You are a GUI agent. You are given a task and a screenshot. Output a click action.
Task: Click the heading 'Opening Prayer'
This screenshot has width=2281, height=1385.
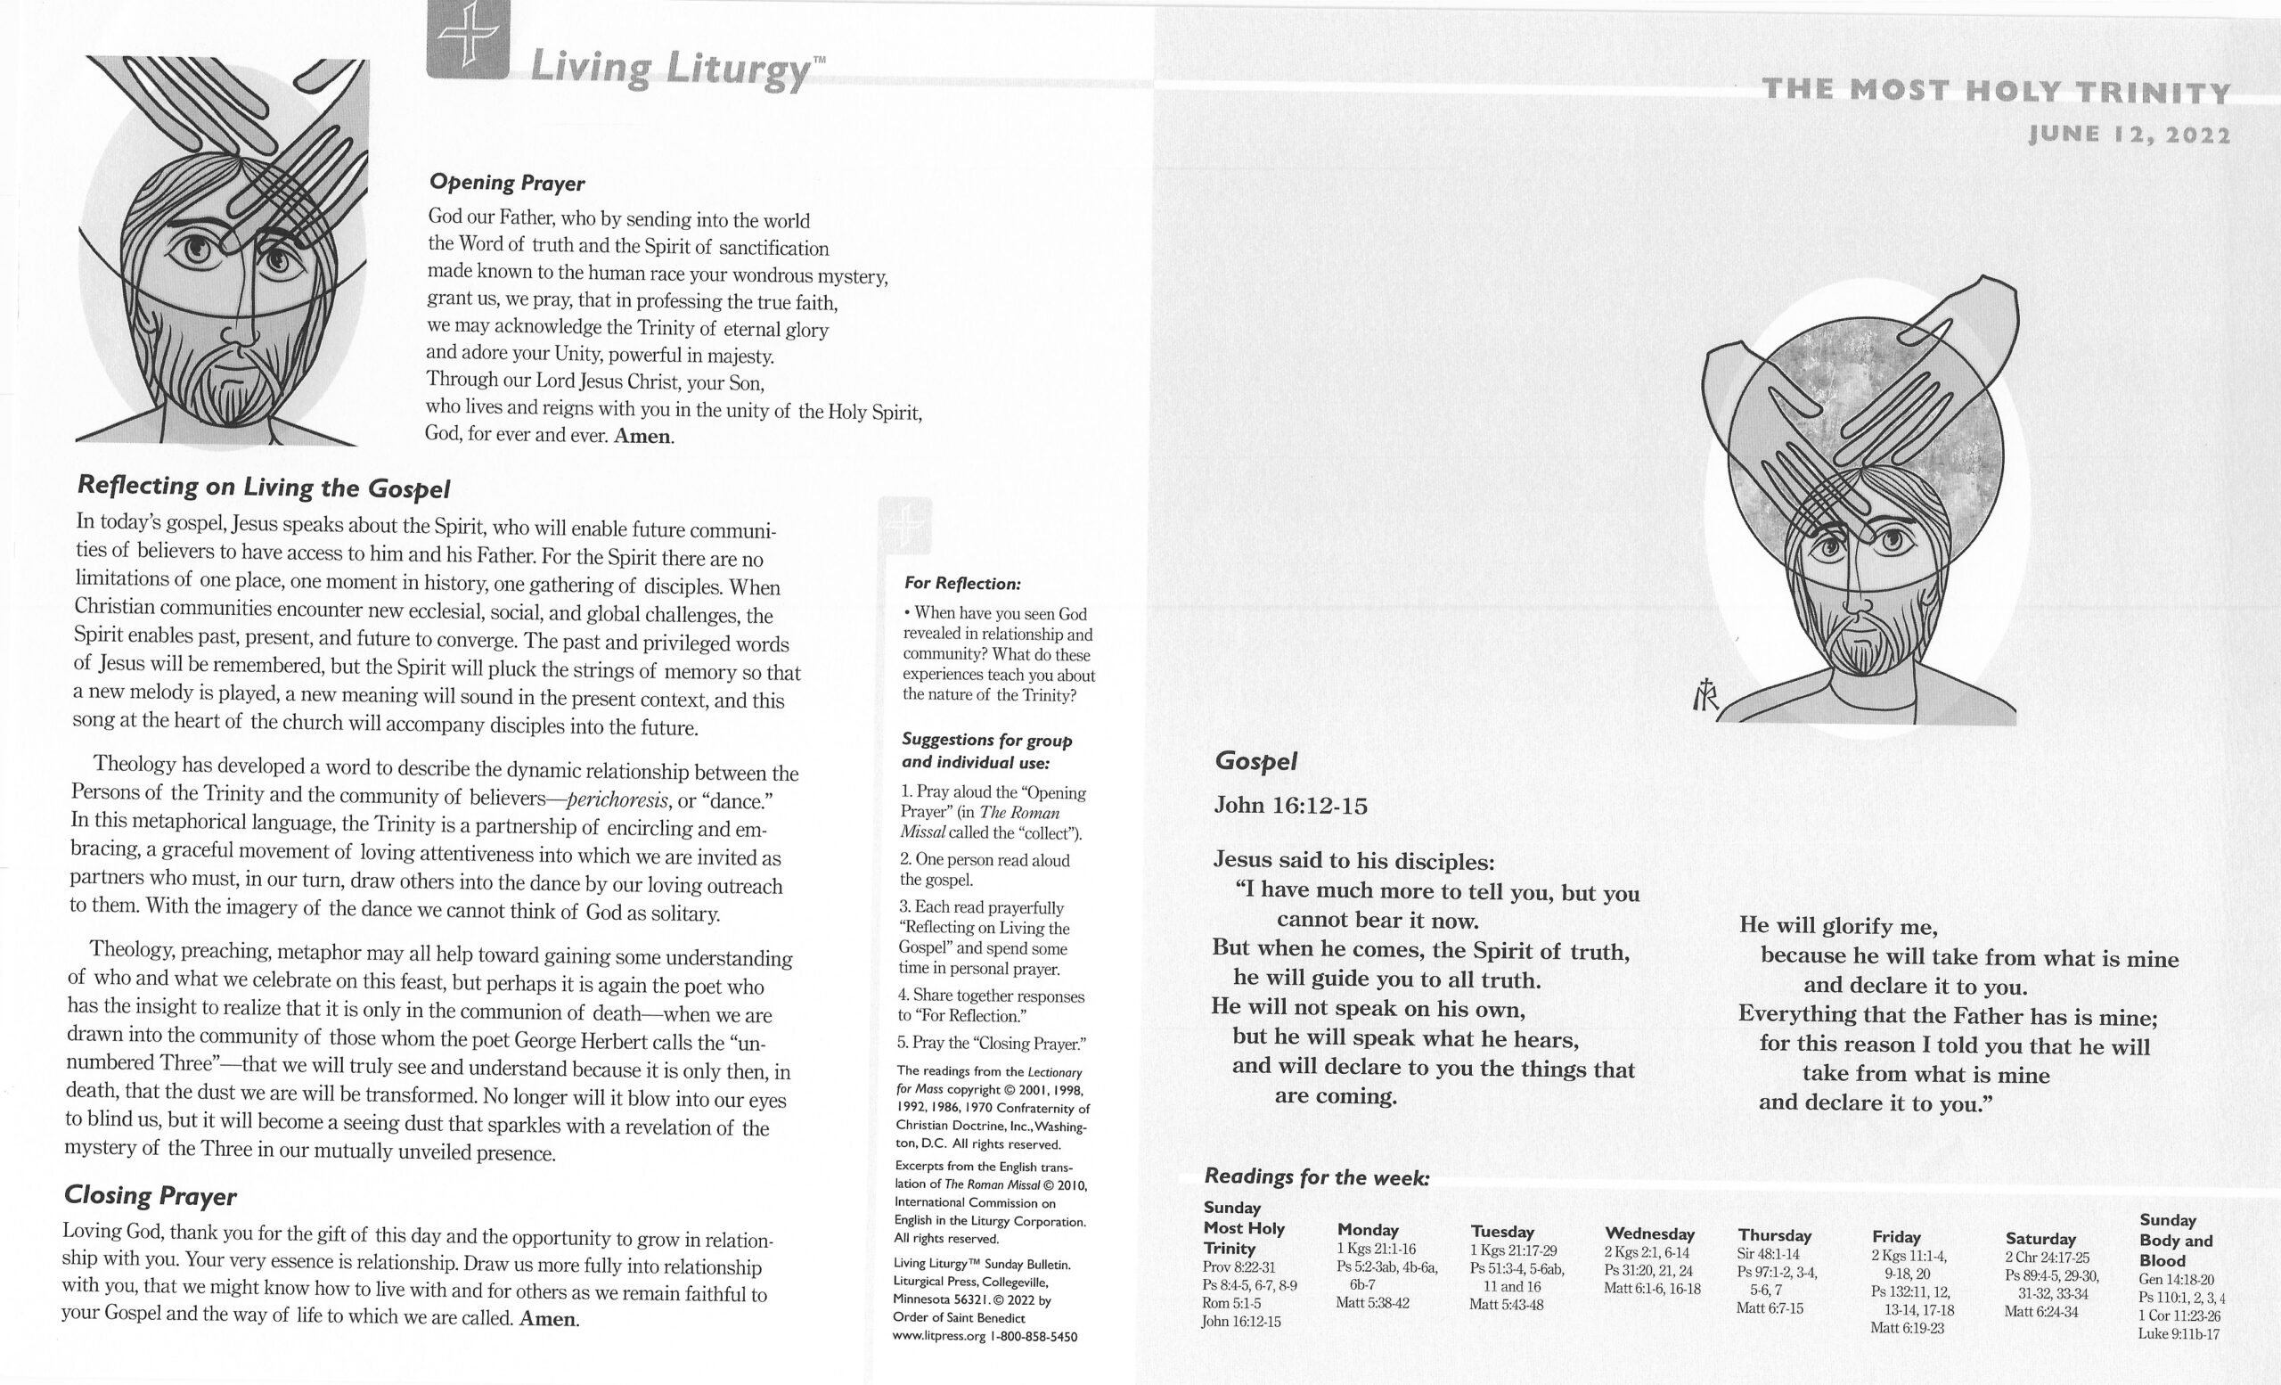[506, 184]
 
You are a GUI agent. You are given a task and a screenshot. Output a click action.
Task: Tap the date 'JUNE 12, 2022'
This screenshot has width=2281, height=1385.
[2129, 135]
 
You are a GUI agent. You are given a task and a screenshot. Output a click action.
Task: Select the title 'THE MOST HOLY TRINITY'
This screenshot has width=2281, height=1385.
[1996, 92]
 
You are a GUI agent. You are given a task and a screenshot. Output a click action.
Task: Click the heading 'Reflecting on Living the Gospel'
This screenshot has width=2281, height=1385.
[264, 487]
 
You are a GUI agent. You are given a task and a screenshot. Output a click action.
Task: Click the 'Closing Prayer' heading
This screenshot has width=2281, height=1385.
[150, 1196]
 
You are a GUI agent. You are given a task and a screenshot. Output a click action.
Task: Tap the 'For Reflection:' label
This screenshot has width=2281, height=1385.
[961, 583]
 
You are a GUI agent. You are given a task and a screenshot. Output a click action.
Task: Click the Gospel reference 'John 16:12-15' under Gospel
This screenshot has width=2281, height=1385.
[1290, 806]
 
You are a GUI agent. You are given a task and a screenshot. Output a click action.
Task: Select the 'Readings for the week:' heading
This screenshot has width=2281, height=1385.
[1316, 1176]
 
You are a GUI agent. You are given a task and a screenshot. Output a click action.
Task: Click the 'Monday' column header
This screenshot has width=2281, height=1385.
[1368, 1229]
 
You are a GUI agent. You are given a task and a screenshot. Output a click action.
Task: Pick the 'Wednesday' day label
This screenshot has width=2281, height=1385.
[1649, 1233]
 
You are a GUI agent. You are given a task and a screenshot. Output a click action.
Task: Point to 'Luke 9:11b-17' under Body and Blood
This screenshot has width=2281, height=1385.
[2179, 1334]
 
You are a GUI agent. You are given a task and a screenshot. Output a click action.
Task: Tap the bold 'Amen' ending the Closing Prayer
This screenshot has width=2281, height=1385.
[548, 1319]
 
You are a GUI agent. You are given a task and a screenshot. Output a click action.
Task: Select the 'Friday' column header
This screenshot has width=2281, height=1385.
[1897, 1237]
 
